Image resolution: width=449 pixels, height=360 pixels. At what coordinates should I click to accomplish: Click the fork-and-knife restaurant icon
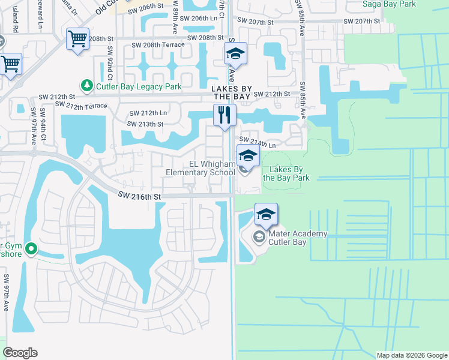pyautogui.click(x=225, y=115)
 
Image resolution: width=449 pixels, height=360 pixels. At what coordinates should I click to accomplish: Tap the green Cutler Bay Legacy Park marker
pyautogui.click(x=87, y=86)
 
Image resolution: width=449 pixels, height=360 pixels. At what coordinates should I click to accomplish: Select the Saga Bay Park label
pyautogui.click(x=389, y=4)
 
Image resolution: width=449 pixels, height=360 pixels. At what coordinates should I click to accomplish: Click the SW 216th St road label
pyautogui.click(x=139, y=195)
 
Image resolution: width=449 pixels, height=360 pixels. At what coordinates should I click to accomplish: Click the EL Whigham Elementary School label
pyautogui.click(x=203, y=168)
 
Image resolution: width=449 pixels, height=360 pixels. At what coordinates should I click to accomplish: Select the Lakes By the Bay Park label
pyautogui.click(x=286, y=174)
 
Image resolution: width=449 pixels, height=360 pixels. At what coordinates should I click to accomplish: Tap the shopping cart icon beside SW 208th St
pyautogui.click(x=78, y=40)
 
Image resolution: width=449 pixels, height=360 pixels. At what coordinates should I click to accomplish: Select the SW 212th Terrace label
pyautogui.click(x=81, y=106)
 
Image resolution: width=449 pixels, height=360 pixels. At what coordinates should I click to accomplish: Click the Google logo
pyautogui.click(x=20, y=353)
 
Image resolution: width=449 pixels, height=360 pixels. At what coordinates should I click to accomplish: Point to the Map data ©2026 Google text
pyautogui.click(x=411, y=355)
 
